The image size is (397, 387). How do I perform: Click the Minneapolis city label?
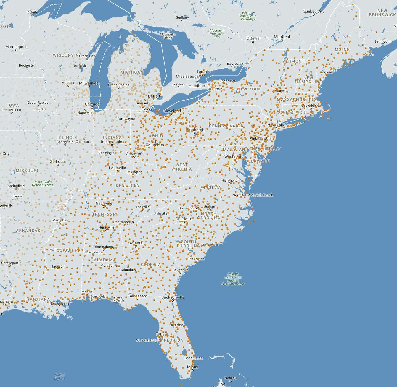pos(16,47)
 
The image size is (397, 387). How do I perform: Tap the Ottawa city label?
pos(253,38)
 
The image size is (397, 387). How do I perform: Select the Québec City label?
pos(313,11)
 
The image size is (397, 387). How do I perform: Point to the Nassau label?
pos(231,378)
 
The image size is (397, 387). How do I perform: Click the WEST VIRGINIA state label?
pos(181,167)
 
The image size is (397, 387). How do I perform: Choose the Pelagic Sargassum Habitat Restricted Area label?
pos(233,279)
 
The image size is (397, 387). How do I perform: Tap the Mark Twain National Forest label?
pos(43,184)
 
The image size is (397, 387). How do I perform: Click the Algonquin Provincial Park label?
pos(217,33)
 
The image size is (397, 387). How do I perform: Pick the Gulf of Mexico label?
pos(60,377)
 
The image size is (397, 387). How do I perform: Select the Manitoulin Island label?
pos(168,36)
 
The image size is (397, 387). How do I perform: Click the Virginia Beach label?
pos(261,195)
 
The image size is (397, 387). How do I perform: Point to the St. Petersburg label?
pos(147,340)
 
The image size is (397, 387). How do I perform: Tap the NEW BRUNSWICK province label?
pos(382,12)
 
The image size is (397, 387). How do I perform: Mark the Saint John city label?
pos(383,41)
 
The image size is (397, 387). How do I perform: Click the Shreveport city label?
pos(10,263)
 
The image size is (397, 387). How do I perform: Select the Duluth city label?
pos(32,12)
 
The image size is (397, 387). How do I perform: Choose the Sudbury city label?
pos(182,17)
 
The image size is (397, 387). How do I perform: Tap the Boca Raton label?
pos(194,358)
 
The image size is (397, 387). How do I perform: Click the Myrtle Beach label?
pos(210,245)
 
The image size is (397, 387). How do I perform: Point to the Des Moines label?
pos(12,110)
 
